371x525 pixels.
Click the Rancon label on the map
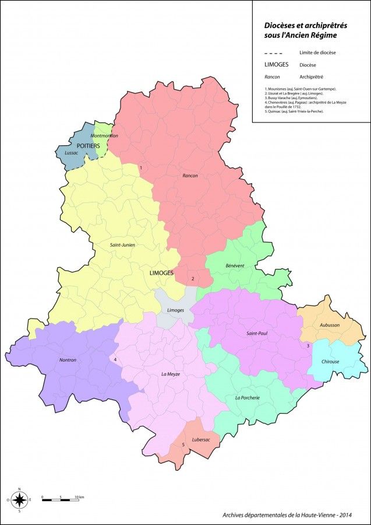190,176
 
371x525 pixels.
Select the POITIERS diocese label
88,145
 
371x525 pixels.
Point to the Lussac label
72,153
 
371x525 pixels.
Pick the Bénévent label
235,265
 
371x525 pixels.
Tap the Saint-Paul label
257,334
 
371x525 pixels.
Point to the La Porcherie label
247,398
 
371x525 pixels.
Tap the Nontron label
68,360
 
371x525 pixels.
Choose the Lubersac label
200,439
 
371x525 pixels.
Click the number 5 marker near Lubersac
183,445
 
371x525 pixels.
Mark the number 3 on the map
308,346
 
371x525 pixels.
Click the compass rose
20,499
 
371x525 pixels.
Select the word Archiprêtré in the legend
312,77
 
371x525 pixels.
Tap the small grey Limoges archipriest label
175,310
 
